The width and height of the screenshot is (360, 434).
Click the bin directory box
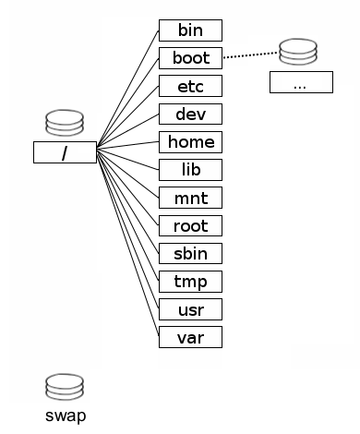(190, 30)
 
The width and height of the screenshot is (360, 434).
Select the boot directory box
(190, 58)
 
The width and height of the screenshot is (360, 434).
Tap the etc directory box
(190, 87)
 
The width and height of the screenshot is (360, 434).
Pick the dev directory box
(190, 115)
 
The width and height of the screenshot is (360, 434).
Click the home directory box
(190, 142)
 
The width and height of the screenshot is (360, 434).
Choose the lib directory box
(190, 170)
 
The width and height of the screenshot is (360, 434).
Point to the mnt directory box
(190, 198)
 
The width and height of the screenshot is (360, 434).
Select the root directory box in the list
(190, 225)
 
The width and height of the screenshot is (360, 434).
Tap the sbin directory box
(190, 253)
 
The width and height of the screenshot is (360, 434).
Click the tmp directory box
(190, 281)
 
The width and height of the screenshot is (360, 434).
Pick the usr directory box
(190, 308)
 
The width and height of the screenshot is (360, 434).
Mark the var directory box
(190, 336)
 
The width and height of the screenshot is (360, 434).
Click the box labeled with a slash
(65, 152)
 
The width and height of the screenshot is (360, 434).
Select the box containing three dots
(300, 82)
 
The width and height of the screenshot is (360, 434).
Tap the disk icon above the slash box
(65, 122)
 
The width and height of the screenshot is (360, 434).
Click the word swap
(65, 416)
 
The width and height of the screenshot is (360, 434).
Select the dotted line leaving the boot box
(249, 56)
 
